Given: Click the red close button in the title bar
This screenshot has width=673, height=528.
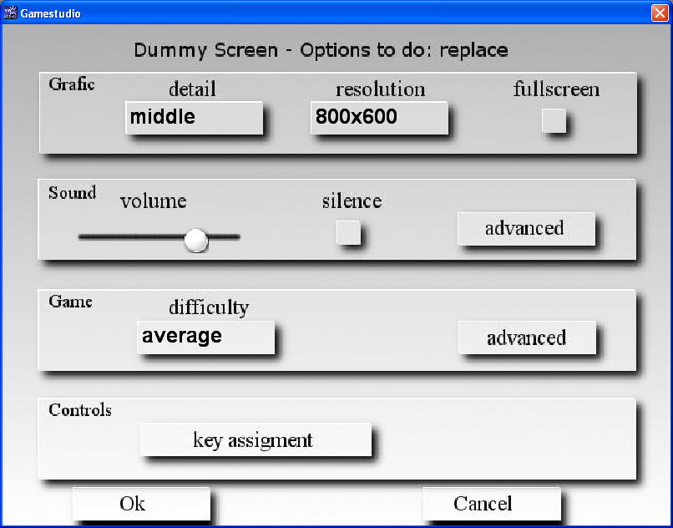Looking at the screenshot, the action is [660, 13].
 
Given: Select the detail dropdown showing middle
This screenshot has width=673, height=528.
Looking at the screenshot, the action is [194, 118].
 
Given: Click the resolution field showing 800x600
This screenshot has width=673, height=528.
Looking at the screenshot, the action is [379, 118].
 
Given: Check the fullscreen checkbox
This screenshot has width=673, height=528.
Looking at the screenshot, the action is [554, 121].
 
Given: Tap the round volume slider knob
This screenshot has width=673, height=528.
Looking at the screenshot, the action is [196, 240].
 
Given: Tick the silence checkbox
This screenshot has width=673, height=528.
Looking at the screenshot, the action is [348, 232].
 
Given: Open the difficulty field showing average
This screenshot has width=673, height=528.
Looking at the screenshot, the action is [205, 338].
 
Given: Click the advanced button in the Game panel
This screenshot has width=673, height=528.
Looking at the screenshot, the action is [527, 338].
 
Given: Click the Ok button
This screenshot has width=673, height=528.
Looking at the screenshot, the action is [142, 504].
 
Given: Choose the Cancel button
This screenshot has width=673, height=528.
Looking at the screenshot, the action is [492, 504].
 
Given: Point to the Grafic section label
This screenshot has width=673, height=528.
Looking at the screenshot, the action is [71, 84].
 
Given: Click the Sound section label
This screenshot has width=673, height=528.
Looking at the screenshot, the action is [72, 192].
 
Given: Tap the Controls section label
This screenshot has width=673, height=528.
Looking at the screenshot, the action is [80, 410].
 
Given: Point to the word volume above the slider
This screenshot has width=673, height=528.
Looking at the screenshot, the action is [154, 201].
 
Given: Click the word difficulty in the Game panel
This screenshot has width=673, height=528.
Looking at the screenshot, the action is [209, 307].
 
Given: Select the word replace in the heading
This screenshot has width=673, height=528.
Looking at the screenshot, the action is [473, 51].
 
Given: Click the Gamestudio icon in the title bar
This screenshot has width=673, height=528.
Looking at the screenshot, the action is [10, 13].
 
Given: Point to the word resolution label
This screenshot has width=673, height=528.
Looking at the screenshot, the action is [380, 89].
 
